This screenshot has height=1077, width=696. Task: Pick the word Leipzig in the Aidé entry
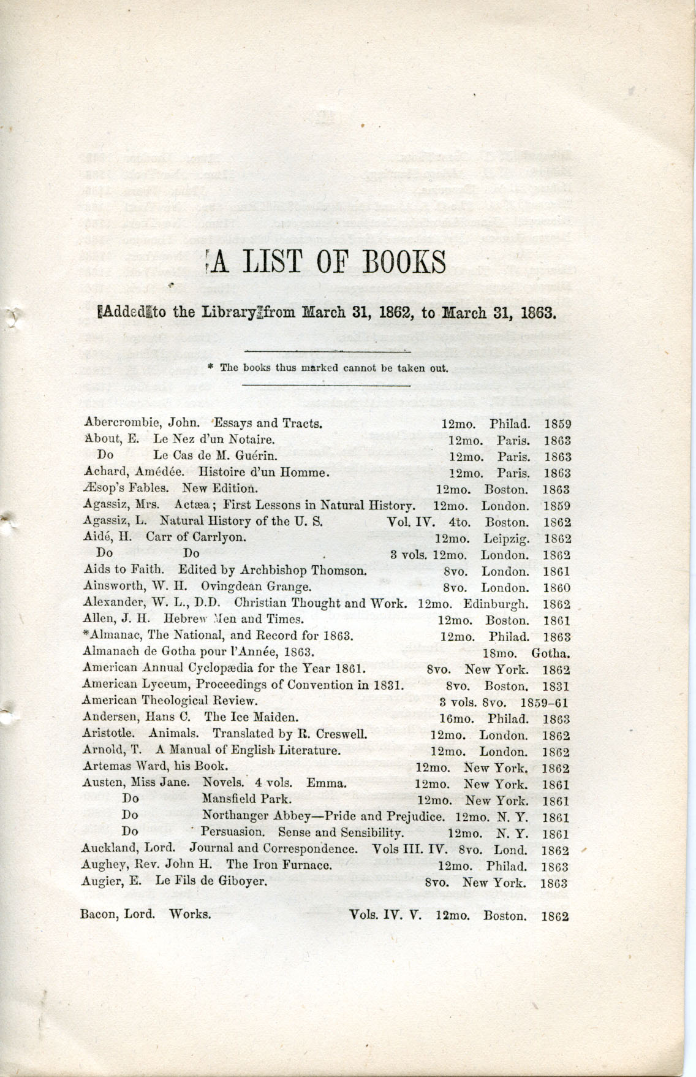pos(505,539)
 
